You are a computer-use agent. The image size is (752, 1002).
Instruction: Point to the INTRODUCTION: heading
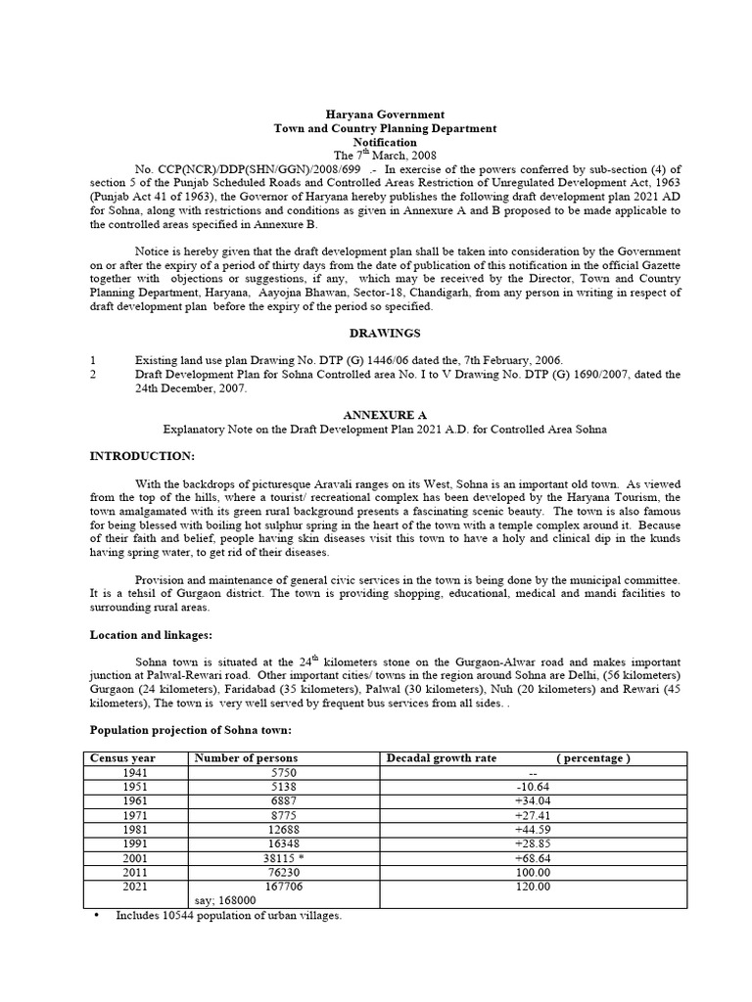point(143,457)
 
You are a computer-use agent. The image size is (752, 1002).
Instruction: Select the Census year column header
point(122,758)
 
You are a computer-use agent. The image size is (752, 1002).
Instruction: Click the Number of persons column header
point(247,758)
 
